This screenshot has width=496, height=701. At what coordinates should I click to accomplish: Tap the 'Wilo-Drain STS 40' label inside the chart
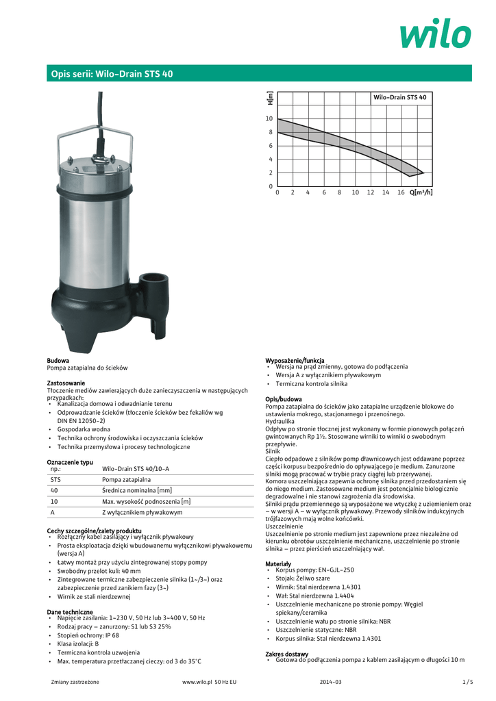pos(399,98)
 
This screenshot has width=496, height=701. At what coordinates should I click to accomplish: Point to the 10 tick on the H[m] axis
pos(269,118)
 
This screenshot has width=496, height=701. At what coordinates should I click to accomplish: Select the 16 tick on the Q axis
pos(401,192)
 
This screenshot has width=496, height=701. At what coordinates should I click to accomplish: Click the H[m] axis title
pos(270,98)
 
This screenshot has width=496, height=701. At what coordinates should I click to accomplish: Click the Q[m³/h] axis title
pos(421,192)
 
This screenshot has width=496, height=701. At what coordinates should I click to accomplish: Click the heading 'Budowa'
pos(58,359)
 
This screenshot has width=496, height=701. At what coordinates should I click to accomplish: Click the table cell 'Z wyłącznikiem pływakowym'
pos(142,512)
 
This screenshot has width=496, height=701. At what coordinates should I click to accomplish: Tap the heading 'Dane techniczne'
pos(69,611)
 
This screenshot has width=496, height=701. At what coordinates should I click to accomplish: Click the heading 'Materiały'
pos(278,563)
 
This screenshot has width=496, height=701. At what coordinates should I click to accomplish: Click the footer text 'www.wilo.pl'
pos(196,682)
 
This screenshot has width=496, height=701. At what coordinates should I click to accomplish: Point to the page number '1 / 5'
pos(468,682)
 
